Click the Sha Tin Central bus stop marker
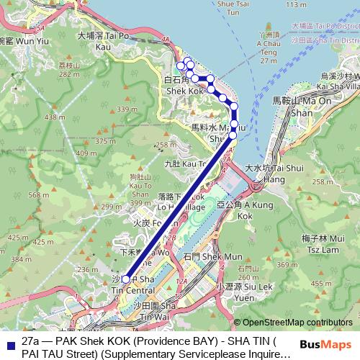click(125, 279)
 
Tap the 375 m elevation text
click(105, 142)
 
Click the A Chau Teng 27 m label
click(268, 55)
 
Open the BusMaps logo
click(326, 345)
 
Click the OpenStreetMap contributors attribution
click(296, 322)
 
